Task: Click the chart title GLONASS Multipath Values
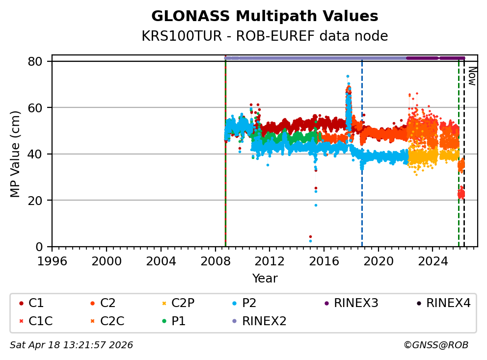pyautogui.click(x=265, y=16)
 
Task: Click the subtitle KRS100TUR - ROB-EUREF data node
pyautogui.click(x=265, y=36)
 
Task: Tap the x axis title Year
pyautogui.click(x=265, y=279)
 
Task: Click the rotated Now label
pyautogui.click(x=472, y=76)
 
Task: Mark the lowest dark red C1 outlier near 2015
pyautogui.click(x=310, y=236)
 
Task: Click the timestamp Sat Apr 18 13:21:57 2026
pyautogui.click(x=71, y=345)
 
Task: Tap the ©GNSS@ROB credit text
pyautogui.click(x=435, y=345)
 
